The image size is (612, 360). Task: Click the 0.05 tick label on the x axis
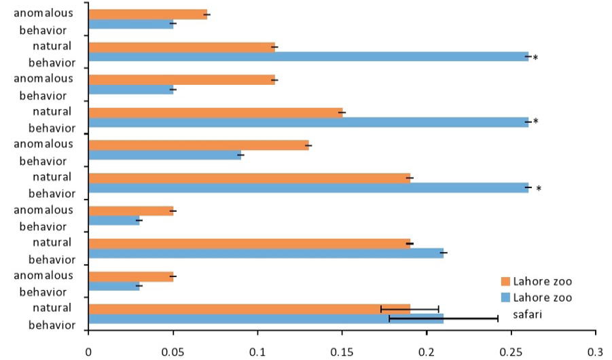[x=173, y=352]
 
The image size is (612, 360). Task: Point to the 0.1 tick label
[x=257, y=352]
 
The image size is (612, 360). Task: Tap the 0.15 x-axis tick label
[x=342, y=352]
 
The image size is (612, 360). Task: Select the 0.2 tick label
[x=427, y=352]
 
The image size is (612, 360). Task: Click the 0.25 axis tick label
[x=511, y=352]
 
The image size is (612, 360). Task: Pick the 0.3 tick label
[x=596, y=352]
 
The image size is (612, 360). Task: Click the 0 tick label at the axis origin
[x=88, y=352]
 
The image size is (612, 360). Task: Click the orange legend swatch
[x=505, y=281]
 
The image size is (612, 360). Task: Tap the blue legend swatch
[x=505, y=298]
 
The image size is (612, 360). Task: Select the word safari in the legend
[x=527, y=314]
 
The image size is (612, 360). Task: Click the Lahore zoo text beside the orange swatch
[x=543, y=281]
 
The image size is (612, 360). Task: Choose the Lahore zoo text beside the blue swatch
[x=543, y=298]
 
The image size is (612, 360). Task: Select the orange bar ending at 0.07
[x=148, y=14]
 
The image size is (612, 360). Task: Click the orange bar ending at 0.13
[x=198, y=145]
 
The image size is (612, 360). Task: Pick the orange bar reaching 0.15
[x=216, y=113]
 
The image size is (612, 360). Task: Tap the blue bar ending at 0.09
[x=164, y=155]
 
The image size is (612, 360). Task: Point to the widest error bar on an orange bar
[x=410, y=309]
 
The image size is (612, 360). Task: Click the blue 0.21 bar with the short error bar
[x=266, y=253]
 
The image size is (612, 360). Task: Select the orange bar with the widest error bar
[x=249, y=309]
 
